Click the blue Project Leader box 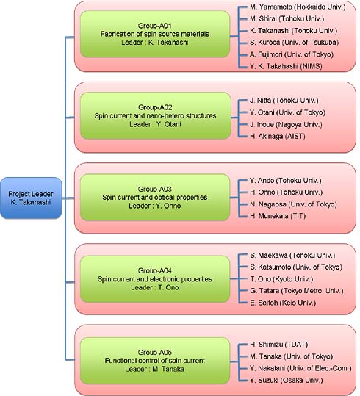click(x=31, y=198)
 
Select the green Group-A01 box click(x=155, y=34)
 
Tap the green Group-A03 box click(x=155, y=197)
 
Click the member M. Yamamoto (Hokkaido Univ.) click(x=298, y=7)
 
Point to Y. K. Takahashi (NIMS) click(x=286, y=66)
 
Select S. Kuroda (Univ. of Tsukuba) click(x=295, y=42)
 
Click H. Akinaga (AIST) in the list click(x=278, y=137)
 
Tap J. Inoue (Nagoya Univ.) click(x=286, y=124)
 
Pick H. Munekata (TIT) click(x=278, y=216)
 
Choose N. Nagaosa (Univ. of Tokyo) click(x=293, y=204)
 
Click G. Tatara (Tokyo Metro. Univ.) click(x=297, y=291)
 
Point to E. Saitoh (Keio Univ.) click(x=283, y=303)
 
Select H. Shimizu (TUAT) click(x=279, y=345)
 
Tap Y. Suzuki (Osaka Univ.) click(x=287, y=380)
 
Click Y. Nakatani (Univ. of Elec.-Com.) click(x=300, y=368)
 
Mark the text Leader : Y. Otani click(x=155, y=124)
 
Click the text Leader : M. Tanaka click(x=154, y=369)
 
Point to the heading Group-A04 click(x=155, y=270)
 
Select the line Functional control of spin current click(x=155, y=361)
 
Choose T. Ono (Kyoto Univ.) click(x=281, y=279)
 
